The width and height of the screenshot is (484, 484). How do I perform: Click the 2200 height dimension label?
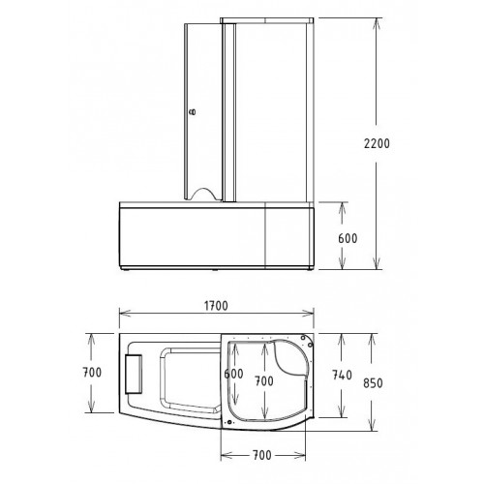(x=377, y=143)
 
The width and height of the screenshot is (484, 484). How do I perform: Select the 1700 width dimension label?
(x=216, y=306)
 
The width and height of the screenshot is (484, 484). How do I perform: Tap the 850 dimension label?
(x=373, y=383)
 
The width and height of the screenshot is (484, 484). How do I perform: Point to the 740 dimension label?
(x=342, y=375)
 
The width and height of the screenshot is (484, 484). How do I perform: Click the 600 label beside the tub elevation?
(x=348, y=238)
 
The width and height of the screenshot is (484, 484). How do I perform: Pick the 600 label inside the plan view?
(x=233, y=374)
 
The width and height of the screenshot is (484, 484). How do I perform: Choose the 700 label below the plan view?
(x=262, y=455)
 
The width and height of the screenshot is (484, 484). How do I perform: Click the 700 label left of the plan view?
(x=92, y=373)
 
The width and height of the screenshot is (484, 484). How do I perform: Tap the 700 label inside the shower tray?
(x=264, y=381)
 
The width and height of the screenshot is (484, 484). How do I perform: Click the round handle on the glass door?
(x=193, y=112)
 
